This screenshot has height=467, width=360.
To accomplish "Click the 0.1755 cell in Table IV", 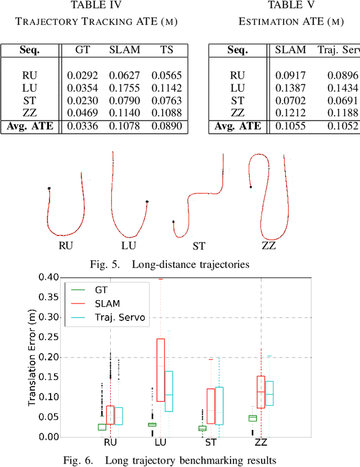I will pyautogui.click(x=124, y=88).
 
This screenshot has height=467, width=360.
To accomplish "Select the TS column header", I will pyautogui.click(x=166, y=49).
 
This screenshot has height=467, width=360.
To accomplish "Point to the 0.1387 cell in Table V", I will pyautogui.click(x=290, y=88).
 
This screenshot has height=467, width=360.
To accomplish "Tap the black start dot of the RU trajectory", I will pyautogui.click(x=49, y=188).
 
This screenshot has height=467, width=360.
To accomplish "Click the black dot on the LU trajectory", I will pyautogui.click(x=147, y=201).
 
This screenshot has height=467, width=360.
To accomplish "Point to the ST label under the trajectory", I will pyautogui.click(x=199, y=246).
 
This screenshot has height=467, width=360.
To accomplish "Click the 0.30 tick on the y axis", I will pyautogui.click(x=49, y=317).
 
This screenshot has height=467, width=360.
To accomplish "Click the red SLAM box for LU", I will pyautogui.click(x=160, y=370).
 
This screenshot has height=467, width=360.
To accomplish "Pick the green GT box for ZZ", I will pyautogui.click(x=253, y=418).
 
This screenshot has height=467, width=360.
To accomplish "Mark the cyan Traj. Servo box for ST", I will pyautogui.click(x=219, y=405).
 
